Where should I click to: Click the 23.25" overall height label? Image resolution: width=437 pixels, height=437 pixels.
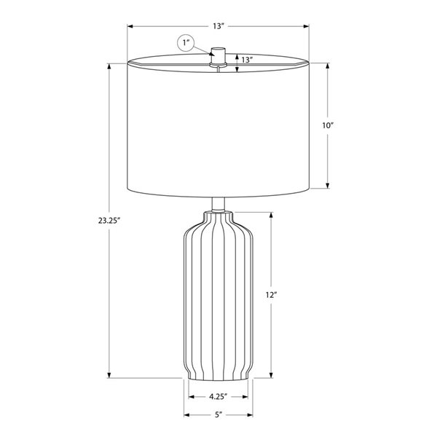[x=109, y=221]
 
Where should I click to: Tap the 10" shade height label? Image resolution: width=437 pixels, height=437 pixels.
[x=328, y=125]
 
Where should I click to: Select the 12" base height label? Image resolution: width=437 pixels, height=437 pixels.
[x=271, y=295]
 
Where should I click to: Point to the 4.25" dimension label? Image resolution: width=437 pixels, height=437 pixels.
[x=219, y=396]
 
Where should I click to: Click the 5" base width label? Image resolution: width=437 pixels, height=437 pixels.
[x=219, y=414]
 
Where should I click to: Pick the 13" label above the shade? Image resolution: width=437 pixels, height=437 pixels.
[x=219, y=26]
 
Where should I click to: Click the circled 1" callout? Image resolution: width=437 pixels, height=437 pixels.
[x=186, y=43]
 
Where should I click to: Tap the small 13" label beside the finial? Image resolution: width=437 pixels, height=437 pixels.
[x=247, y=60]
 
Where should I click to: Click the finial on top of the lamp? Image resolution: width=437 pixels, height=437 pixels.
[x=219, y=56]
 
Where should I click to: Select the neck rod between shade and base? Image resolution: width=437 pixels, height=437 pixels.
[x=219, y=204]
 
